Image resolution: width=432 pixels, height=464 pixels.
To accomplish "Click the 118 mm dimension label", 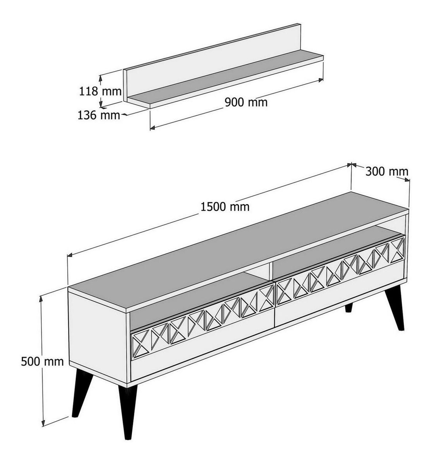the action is click(x=100, y=91).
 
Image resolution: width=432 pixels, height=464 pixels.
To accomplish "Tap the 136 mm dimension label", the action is click(x=99, y=115).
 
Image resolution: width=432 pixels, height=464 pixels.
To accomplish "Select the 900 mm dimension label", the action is click(x=246, y=102).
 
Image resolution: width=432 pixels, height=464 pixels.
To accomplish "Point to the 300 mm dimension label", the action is click(x=387, y=172).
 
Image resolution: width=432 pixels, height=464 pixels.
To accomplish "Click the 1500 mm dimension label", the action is click(x=225, y=207).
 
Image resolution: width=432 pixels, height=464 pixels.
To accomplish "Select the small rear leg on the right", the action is click(x=349, y=307).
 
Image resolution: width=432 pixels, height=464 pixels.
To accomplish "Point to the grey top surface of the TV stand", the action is click(x=237, y=251).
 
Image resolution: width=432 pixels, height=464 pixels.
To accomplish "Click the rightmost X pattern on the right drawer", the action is click(x=398, y=250).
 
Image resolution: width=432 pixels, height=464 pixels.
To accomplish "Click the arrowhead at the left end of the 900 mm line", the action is click(x=152, y=127).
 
